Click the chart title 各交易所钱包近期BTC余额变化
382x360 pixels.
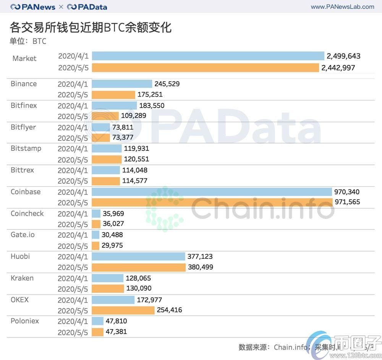click(91, 27)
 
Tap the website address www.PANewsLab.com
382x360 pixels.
click(342, 6)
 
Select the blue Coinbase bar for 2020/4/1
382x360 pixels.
click(212, 192)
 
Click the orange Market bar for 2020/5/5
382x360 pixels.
click(205, 68)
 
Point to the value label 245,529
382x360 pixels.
click(167, 84)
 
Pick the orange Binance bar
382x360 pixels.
click(113, 94)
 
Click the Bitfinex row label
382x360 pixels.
click(24, 105)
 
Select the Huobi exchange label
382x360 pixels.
click(20, 256)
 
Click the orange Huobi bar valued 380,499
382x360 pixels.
click(139, 267)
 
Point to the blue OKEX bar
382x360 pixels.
click(113, 300)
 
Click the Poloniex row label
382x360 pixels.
click(25, 321)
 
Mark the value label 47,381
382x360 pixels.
click(116, 331)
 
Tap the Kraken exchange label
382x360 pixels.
click(22, 278)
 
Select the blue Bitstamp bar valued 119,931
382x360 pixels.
click(107, 149)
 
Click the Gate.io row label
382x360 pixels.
click(23, 234)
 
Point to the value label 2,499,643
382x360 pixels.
click(343, 56)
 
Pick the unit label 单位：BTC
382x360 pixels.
click(28, 41)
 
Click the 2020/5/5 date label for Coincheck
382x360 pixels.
click(73, 224)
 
